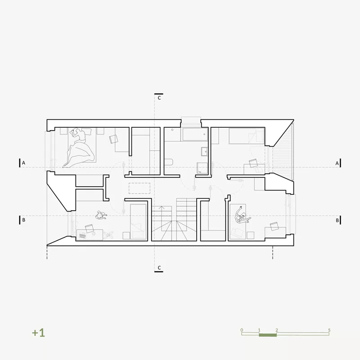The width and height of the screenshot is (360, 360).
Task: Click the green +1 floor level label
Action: pyautogui.click(x=38, y=333)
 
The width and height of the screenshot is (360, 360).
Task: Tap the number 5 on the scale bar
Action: pyautogui.click(x=329, y=330)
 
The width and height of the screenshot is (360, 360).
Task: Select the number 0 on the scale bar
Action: pyautogui.click(x=242, y=330)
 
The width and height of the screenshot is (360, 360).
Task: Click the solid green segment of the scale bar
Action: pyautogui.click(x=268, y=335)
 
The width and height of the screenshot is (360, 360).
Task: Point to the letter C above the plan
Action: pyautogui.click(x=159, y=98)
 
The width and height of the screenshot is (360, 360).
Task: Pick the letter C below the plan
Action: pyautogui.click(x=159, y=268)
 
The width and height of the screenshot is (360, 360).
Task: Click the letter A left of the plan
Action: pyautogui.click(x=23, y=163)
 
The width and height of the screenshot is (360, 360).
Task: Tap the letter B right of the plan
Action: pyautogui.click(x=337, y=220)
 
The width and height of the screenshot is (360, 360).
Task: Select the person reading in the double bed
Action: pyautogui.click(x=78, y=135)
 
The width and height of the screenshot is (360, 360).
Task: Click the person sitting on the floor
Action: pyautogui.click(x=101, y=216)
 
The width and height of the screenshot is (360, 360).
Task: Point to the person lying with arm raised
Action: pyautogui.click(x=242, y=216)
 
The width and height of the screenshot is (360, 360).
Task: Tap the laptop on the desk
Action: pyautogui.click(x=82, y=235)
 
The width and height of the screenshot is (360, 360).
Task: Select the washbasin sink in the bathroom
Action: pyautogui.click(x=204, y=152)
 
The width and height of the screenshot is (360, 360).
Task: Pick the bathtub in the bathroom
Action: pyautogui.click(x=195, y=134)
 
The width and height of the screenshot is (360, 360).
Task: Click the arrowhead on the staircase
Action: pyautogui.click(x=162, y=207)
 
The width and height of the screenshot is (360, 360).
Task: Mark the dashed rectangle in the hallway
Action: pyautogui.click(x=139, y=188)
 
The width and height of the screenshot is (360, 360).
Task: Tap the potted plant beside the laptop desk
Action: pyautogui.click(x=108, y=234)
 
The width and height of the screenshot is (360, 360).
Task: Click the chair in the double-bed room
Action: pyautogui.click(x=114, y=139)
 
